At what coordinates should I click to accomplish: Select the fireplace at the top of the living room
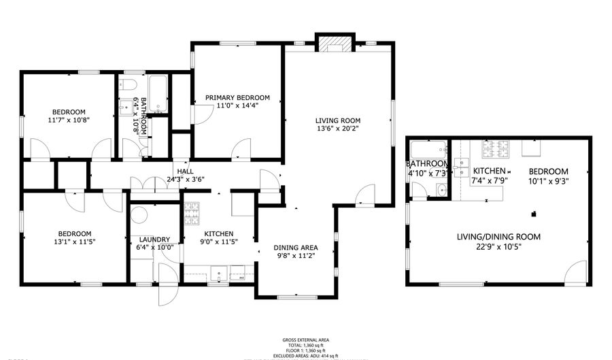click(335, 44)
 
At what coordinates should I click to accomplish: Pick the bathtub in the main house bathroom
click(159, 95)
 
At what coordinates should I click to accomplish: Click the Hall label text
click(185, 171)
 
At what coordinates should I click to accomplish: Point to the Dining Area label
click(296, 247)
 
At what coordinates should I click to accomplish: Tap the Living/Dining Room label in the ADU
click(498, 237)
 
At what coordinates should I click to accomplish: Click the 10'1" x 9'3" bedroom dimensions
click(547, 181)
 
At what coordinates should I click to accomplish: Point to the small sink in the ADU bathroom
click(441, 190)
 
